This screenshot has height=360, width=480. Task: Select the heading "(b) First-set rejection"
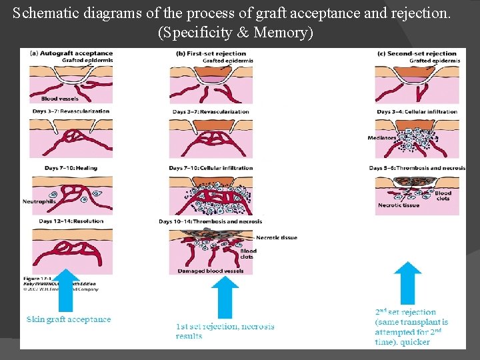coord(211,53)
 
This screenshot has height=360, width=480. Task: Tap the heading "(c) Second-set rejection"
coord(417,53)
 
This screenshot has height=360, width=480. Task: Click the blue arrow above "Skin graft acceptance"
coord(65,290)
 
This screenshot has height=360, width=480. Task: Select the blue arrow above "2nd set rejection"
coord(407,283)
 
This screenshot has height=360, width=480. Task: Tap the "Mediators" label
coord(381,138)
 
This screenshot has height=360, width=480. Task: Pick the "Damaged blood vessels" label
coord(210,271)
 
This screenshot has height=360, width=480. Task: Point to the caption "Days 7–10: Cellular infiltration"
coord(211,168)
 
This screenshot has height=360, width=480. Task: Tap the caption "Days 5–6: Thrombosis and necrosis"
coord(417,168)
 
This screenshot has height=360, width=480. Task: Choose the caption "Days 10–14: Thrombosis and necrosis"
coord(210,221)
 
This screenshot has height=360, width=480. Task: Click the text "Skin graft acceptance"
coord(69,319)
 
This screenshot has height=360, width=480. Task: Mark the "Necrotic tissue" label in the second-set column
coord(399,205)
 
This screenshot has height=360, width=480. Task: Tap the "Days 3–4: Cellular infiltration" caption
coord(417,111)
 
